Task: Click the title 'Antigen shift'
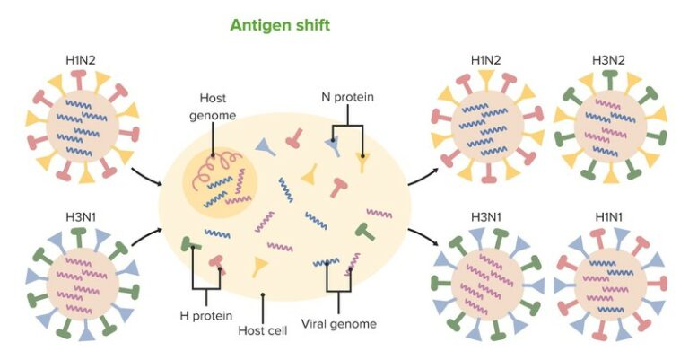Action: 279,25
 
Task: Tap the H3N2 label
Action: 609,61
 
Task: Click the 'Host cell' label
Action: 263,330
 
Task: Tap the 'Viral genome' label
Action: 338,323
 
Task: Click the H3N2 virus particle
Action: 609,126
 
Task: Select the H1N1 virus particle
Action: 609,283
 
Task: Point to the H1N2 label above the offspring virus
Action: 485,61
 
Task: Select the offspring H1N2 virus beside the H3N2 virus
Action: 485,126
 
